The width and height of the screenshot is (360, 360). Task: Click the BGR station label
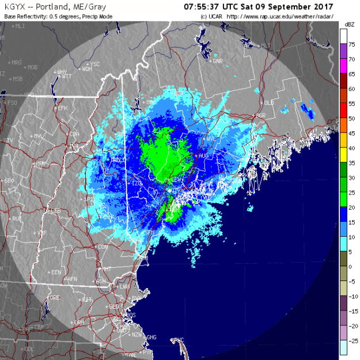tap(261, 115)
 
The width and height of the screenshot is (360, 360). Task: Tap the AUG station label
tap(204, 156)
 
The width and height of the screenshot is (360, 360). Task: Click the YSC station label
tap(95, 64)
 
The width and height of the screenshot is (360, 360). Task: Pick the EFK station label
tap(62, 108)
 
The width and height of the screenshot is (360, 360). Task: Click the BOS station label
tap(131, 315)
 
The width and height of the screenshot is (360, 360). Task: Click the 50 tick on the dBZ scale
tap(351, 118)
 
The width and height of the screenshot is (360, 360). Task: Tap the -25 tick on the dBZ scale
tap(351, 340)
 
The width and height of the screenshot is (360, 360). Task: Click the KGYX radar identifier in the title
tap(14, 7)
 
